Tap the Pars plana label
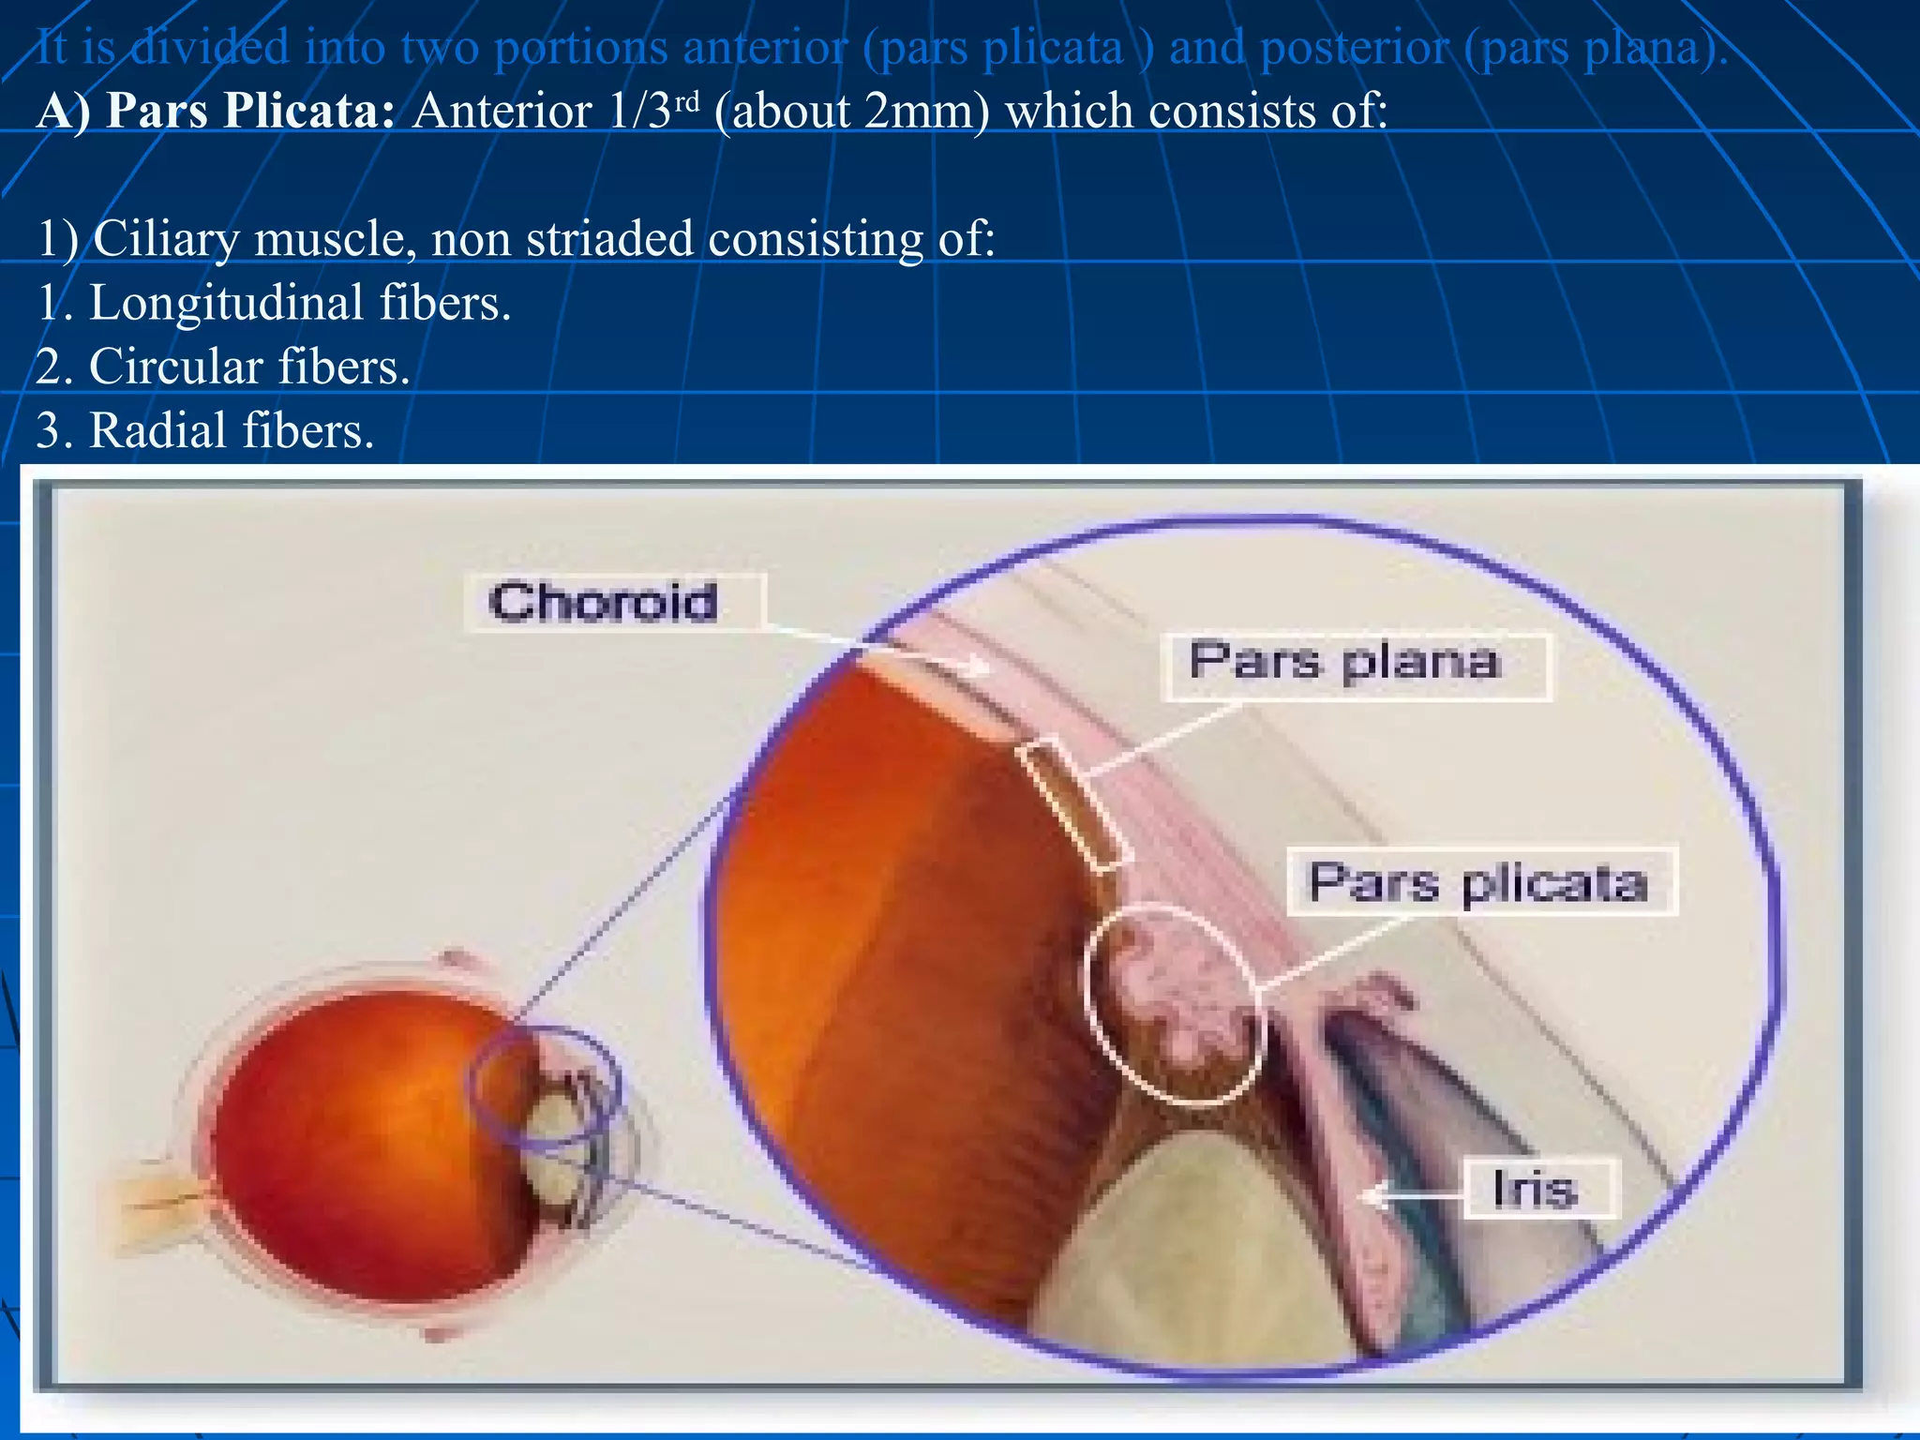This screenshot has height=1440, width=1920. tap(1355, 667)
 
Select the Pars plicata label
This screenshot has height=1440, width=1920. tap(1480, 882)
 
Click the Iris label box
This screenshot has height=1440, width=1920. tap(1539, 1189)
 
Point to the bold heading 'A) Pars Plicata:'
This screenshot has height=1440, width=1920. tap(216, 112)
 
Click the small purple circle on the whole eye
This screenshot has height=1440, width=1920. tap(544, 1087)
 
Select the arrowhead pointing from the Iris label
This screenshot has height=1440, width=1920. tap(1370, 1195)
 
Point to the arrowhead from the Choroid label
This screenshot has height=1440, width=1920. tap(980, 667)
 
